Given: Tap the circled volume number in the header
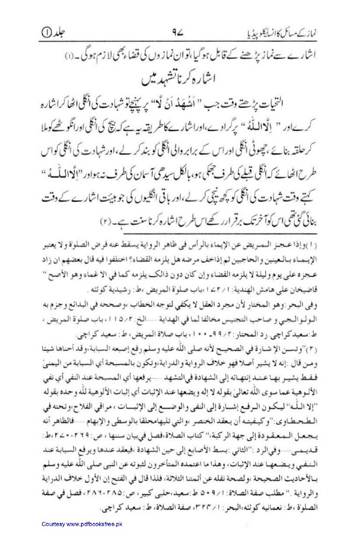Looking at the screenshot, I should click(45, 33).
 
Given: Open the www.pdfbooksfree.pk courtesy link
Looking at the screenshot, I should click(82, 524).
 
